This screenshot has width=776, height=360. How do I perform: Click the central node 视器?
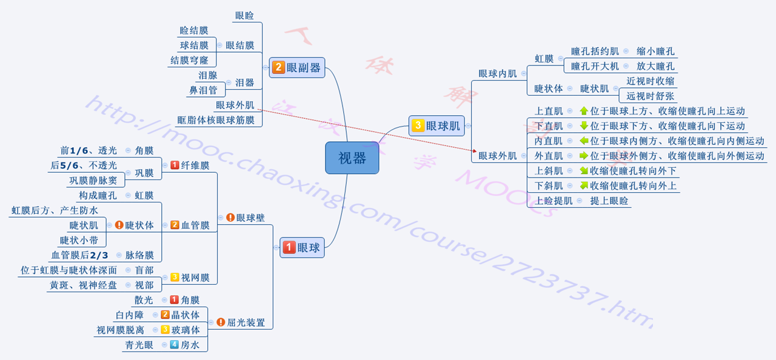point(352,158)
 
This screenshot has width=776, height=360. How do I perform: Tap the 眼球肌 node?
point(436,126)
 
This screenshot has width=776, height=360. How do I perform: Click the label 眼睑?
point(244,16)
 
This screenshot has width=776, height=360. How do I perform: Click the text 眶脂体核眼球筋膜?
point(216,120)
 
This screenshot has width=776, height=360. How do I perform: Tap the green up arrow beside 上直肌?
point(584,112)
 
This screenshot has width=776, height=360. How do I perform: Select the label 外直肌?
point(548,156)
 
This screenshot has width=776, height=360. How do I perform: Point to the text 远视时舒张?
point(650,96)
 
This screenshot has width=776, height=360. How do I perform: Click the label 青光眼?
point(139,345)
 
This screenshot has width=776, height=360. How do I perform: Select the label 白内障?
point(130,315)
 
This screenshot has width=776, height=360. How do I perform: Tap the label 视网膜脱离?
point(120,330)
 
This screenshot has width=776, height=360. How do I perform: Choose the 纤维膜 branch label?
point(195,165)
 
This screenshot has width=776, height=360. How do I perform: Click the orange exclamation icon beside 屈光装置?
point(221,322)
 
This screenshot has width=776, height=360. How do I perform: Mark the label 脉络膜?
point(139,255)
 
